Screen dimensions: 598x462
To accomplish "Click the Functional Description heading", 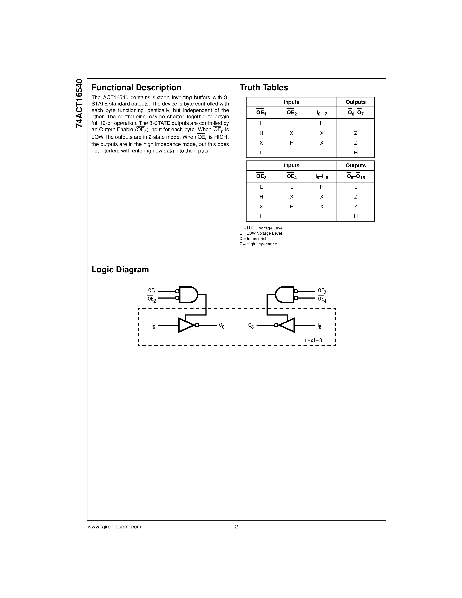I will (x=136, y=88).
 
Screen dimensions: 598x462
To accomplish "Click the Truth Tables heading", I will (x=264, y=88).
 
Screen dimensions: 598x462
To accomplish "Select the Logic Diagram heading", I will (x=120, y=269).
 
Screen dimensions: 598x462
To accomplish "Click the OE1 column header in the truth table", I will (x=261, y=113).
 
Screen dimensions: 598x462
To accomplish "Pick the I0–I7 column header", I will (x=322, y=113).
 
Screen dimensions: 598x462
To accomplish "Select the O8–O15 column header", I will (x=355, y=177).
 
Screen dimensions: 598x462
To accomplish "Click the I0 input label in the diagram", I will (x=153, y=326).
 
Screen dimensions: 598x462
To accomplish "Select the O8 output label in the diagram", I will (x=251, y=326).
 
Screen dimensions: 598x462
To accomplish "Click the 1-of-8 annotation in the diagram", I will (x=313, y=340).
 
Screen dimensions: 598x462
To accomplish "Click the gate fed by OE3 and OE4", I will (x=284, y=295).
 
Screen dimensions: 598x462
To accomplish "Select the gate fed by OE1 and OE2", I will (x=188, y=295).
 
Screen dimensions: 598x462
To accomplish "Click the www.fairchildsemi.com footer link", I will (x=114, y=526).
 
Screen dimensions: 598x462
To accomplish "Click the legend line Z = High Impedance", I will (x=258, y=244).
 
